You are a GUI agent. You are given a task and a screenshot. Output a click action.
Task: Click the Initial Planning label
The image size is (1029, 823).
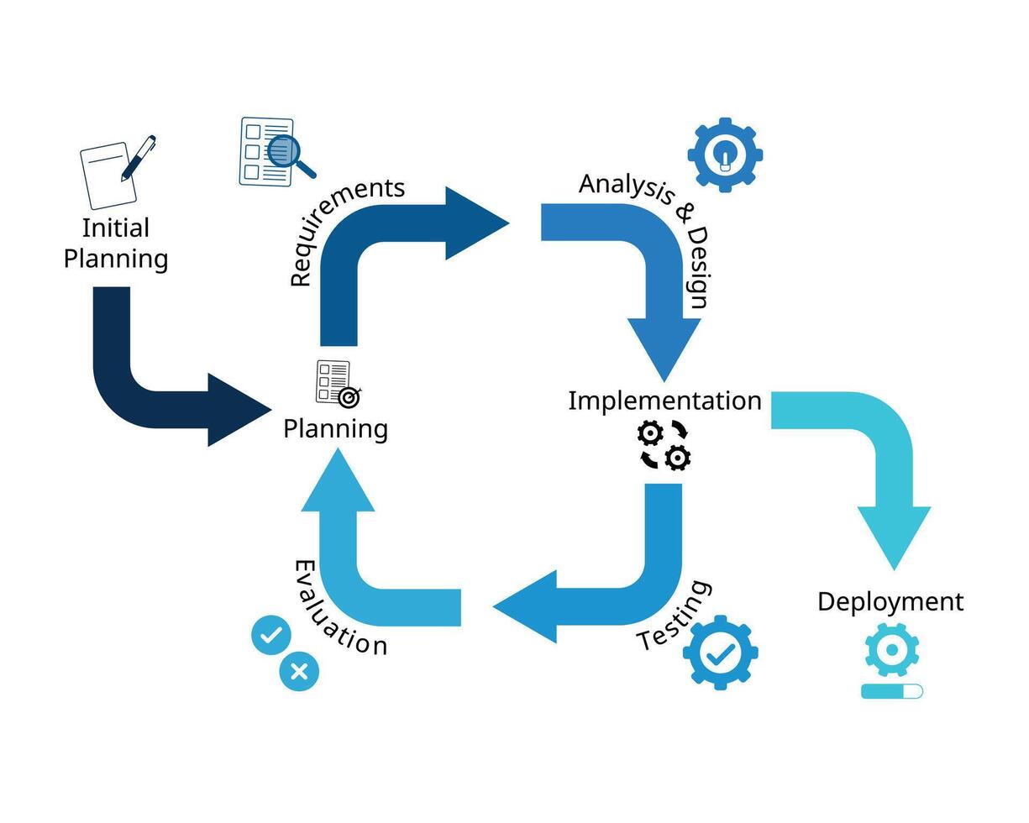(x=116, y=244)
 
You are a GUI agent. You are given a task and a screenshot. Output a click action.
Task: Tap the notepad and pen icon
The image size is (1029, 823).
(x=116, y=172)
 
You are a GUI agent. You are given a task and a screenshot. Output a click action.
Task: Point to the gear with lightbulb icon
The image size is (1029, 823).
(x=724, y=155)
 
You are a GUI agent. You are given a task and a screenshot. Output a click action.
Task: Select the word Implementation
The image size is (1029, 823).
(x=664, y=401)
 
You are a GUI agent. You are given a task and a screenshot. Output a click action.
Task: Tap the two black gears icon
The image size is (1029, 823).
(x=664, y=445)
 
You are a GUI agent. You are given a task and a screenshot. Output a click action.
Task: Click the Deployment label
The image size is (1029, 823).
(x=890, y=601)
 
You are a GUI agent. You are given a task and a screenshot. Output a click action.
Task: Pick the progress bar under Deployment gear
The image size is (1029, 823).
(x=891, y=691)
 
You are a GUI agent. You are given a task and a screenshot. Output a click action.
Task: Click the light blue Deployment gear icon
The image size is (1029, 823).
(x=891, y=649)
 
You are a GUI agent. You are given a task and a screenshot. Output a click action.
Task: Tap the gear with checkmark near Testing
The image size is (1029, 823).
(x=720, y=653)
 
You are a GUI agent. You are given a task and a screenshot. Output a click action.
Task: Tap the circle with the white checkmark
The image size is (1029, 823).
(x=270, y=636)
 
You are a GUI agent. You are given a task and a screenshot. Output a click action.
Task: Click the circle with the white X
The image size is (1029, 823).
(x=299, y=671)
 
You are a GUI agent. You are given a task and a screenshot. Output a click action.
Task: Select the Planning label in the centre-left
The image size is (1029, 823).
(x=335, y=428)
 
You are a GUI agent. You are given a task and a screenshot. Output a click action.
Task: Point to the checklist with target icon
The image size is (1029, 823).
(x=337, y=383)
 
